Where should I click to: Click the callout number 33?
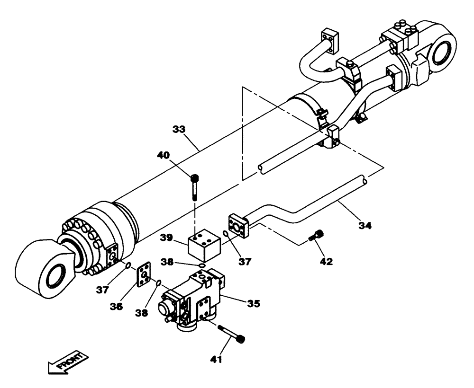point(179,129)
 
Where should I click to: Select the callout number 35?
point(253,303)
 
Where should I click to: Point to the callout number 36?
point(117,307)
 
